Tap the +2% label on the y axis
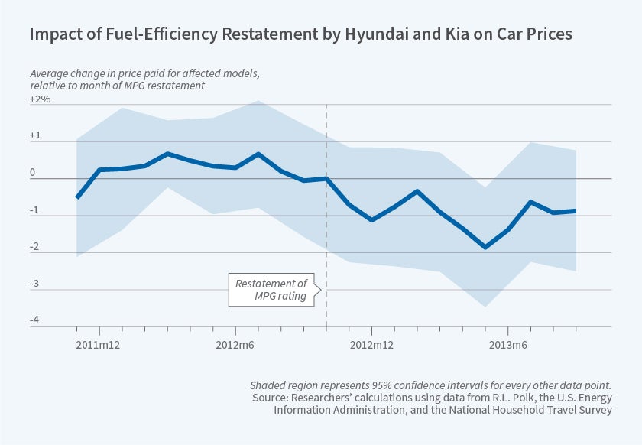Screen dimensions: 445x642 [x=41, y=99]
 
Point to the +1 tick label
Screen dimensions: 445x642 [x=35, y=136]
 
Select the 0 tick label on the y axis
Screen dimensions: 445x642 [x=33, y=173]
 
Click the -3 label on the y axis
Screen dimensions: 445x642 [x=34, y=284]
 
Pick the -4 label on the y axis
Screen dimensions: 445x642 [x=34, y=320]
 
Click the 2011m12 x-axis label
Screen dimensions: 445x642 [x=99, y=345]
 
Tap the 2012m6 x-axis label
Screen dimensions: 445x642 [x=235, y=345]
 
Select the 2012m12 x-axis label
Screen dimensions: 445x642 [x=371, y=345]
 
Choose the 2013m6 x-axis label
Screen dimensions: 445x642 [x=507, y=345]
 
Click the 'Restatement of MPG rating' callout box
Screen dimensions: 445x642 [x=271, y=290]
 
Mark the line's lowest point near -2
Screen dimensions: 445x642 [x=485, y=247]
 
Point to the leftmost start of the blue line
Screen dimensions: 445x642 [x=77, y=197]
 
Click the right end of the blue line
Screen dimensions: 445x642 [x=576, y=210]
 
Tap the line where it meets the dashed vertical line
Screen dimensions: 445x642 [x=326, y=178]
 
